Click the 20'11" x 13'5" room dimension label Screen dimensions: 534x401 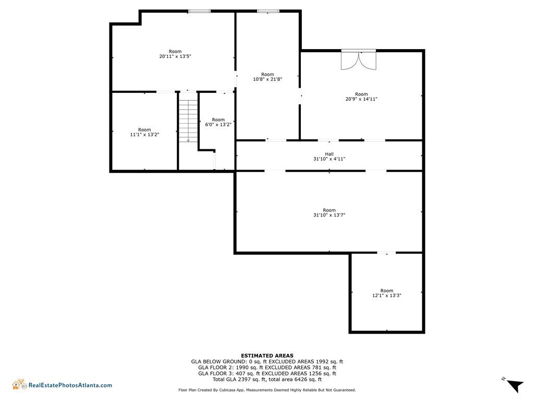tap(175, 56)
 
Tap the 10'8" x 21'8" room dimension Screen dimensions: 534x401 tap(268, 79)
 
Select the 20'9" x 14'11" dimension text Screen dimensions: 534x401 tap(361, 99)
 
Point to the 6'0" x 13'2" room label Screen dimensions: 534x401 tap(219, 124)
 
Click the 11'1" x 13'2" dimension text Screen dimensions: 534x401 tap(144, 134)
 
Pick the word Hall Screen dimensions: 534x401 tap(329, 154)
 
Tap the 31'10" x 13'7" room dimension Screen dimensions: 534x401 tap(329, 215)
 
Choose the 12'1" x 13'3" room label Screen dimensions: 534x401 tap(386, 296)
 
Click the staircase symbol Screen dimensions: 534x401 tap(188, 117)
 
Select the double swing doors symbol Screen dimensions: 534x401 tap(359, 60)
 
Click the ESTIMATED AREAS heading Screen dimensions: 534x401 tap(267, 356)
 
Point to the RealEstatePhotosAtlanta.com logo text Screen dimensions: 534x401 tap(70, 385)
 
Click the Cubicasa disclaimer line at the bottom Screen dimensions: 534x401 tap(267, 390)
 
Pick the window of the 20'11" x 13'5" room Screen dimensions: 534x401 tap(199, 11)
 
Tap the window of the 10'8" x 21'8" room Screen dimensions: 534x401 tap(268, 11)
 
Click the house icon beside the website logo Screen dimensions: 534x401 tap(19, 384)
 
